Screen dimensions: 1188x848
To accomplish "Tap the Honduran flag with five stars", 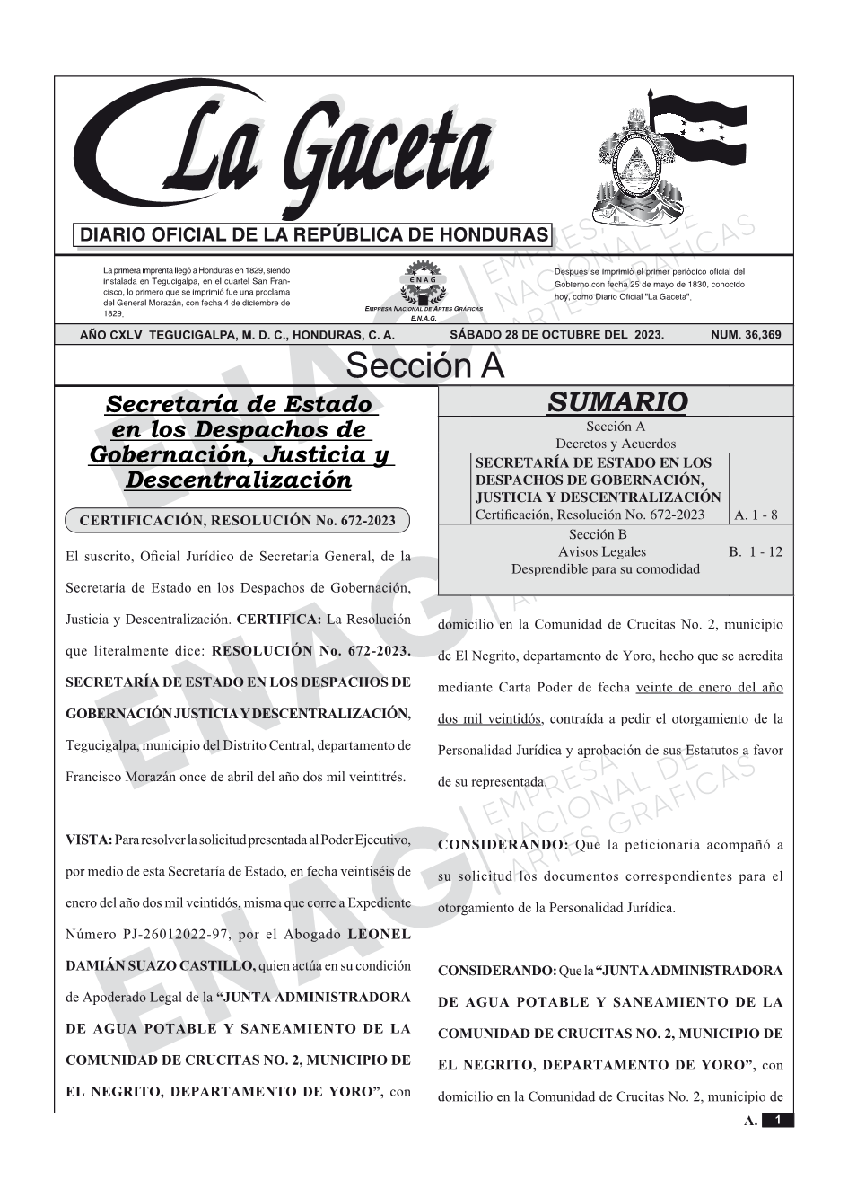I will pos(699,130).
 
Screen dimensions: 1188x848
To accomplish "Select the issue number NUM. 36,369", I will pos(745,335).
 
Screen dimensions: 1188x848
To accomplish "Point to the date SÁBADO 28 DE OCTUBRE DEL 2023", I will pos(556,335).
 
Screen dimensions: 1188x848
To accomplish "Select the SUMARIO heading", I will pos(616,402).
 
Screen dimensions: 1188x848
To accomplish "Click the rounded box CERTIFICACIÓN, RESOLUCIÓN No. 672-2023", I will pos(237,521).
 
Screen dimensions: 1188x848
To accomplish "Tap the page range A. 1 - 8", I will pos(756,515).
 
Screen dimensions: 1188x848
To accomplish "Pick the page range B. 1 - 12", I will pos(756,552).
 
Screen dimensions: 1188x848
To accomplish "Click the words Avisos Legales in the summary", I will pos(601,552).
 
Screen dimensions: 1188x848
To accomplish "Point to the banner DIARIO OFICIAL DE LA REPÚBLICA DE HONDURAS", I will pos(314,236).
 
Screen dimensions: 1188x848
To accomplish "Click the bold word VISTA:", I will pos(89,840).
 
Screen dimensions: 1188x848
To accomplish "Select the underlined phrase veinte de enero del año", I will pos(709,688).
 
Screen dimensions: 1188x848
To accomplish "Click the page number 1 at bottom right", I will pos(778,1120).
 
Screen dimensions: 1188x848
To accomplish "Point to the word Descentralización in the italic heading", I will pos(239,480).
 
